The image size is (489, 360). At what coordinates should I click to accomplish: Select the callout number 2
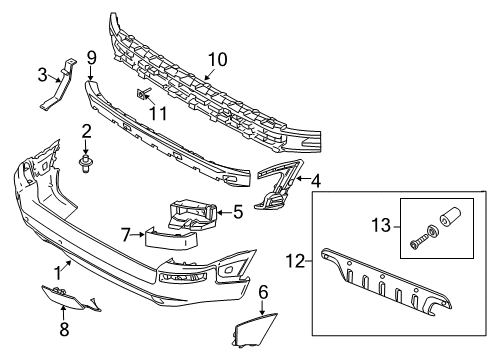coord(87,131)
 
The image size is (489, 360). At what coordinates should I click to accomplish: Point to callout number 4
coord(316,182)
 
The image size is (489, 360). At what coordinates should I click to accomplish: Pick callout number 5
coord(237,211)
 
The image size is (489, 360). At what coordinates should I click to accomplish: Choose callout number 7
coord(125,235)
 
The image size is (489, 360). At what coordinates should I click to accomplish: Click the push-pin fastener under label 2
coord(87,159)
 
